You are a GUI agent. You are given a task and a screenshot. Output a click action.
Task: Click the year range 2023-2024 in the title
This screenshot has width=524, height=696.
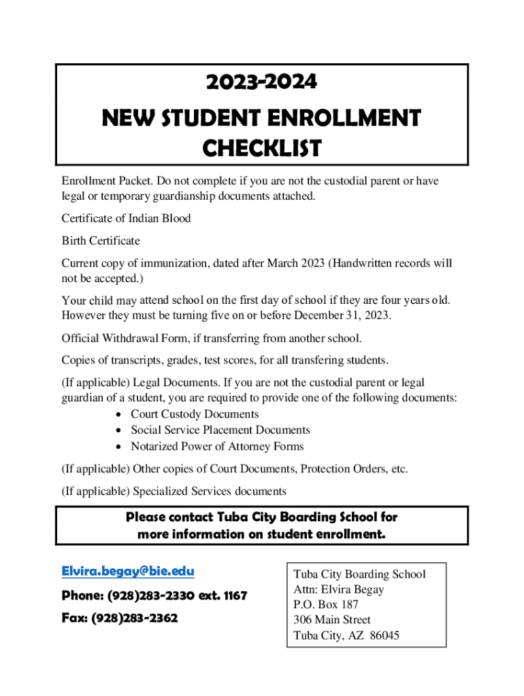pyautogui.click(x=261, y=82)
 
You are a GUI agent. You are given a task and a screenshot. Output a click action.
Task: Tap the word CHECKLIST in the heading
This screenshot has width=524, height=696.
pyautogui.click(x=261, y=148)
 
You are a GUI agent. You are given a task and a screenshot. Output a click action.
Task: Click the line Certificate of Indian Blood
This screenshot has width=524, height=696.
pyautogui.click(x=126, y=218)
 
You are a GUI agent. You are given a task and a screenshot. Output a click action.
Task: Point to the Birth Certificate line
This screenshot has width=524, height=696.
pyautogui.click(x=101, y=241)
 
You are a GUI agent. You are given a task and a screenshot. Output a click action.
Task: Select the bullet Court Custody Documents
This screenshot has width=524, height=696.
pyautogui.click(x=195, y=414)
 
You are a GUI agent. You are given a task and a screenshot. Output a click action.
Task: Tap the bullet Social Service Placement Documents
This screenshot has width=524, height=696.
pyautogui.click(x=220, y=430)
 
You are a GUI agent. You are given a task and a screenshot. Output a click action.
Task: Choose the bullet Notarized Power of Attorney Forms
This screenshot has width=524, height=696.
pyautogui.click(x=217, y=446)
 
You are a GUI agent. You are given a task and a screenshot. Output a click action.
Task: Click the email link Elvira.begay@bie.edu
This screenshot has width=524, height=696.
pyautogui.click(x=128, y=572)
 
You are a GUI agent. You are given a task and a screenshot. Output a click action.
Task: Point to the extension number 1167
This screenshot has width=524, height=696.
pyautogui.click(x=232, y=596)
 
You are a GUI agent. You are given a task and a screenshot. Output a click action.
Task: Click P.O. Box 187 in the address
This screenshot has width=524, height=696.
pyautogui.click(x=326, y=604)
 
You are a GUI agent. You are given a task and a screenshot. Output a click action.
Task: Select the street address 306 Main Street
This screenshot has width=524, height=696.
pyautogui.click(x=332, y=620)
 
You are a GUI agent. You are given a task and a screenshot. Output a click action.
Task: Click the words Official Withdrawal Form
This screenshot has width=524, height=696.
pyautogui.click(x=125, y=338)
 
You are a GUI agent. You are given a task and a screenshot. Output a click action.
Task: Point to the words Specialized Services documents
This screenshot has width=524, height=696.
pyautogui.click(x=210, y=491)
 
